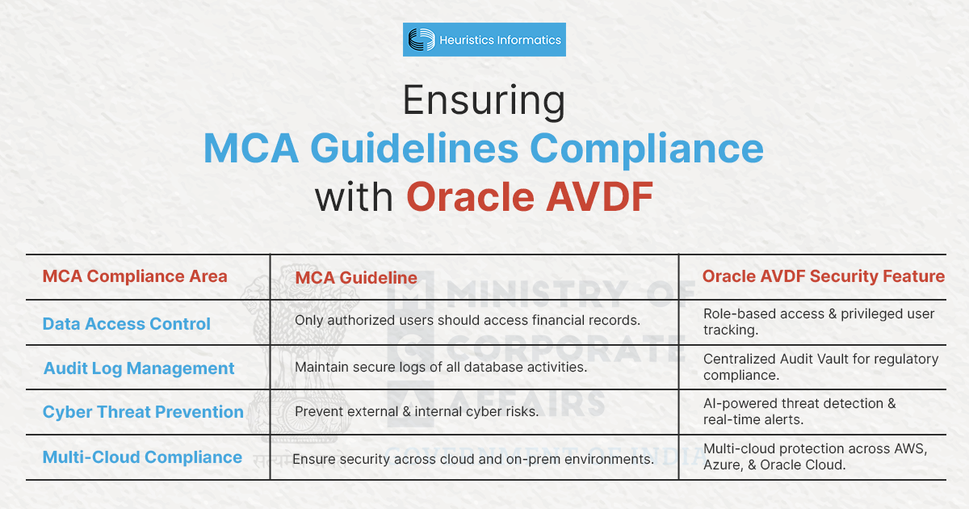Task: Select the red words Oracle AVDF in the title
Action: point(530,197)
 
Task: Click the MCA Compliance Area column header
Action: point(135,276)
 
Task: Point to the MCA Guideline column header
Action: point(356,278)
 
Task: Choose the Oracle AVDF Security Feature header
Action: point(823,276)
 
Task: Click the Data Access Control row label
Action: point(127,324)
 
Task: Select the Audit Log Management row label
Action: point(139,368)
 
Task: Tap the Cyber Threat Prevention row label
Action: point(143,412)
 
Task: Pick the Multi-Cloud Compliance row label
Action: point(142,457)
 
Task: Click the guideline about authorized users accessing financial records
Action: point(467,320)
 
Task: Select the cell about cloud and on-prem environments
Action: point(472,459)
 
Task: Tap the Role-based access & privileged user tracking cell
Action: point(818,322)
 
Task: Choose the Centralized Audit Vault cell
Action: point(820,367)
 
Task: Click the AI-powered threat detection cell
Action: point(799,410)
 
